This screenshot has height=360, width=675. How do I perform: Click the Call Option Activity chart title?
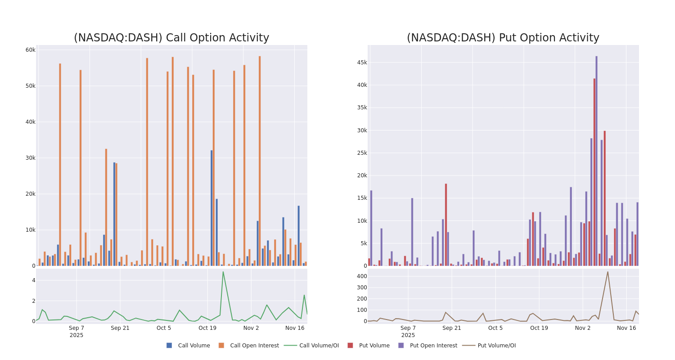click(x=171, y=38)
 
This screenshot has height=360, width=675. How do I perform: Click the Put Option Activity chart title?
click(x=503, y=38)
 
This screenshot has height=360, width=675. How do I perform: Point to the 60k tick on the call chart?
click(x=30, y=50)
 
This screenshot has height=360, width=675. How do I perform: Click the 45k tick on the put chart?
click(x=362, y=63)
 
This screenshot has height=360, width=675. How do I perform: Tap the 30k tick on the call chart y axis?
click(x=30, y=158)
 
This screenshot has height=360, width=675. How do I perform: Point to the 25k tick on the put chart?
click(x=362, y=153)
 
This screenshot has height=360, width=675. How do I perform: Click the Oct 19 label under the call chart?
click(x=207, y=328)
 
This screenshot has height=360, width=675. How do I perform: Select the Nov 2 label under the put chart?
click(x=583, y=328)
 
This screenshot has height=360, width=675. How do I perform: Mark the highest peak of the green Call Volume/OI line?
click(x=223, y=271)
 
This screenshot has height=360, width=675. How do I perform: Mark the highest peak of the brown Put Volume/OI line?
click(x=607, y=271)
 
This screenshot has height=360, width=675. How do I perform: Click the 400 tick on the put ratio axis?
click(x=362, y=276)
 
